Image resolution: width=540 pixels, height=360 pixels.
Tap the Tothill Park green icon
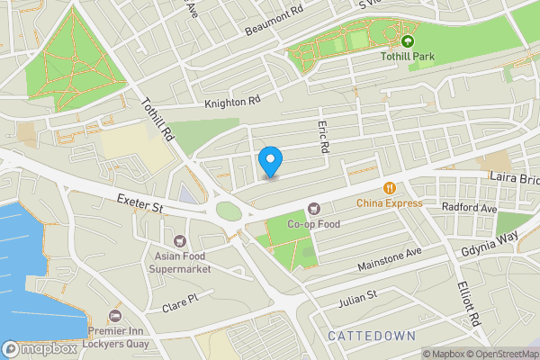tap(408, 40)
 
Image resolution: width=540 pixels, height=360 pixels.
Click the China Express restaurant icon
tap(389, 188)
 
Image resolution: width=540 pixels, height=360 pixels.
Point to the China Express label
tap(389, 203)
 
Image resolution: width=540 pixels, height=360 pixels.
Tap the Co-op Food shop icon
tap(313, 209)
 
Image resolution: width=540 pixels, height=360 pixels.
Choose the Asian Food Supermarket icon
tap(179, 240)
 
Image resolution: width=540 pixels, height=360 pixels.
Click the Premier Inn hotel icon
tap(114, 316)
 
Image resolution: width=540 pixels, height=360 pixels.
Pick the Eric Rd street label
tap(324, 136)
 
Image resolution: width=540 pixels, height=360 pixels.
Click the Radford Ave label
tap(470, 208)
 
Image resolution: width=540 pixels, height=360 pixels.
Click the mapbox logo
tap(40, 348)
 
